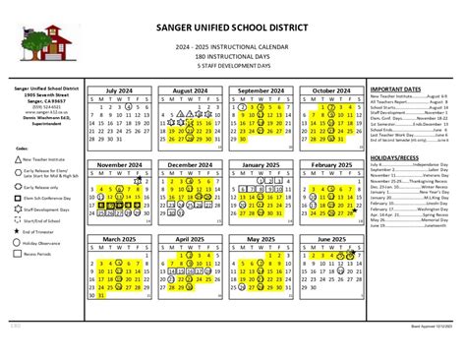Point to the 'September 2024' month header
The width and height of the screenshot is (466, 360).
262,90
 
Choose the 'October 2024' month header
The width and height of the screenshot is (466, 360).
331,90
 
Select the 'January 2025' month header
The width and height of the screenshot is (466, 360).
262,165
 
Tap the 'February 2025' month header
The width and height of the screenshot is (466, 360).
331,165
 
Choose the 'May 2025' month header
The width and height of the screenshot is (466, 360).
262,239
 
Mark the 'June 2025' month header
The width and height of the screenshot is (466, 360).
331,239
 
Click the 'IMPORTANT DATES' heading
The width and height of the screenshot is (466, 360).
396,90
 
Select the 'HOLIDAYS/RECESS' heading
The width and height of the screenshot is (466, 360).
395,157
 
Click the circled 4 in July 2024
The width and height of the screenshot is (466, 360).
132,110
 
